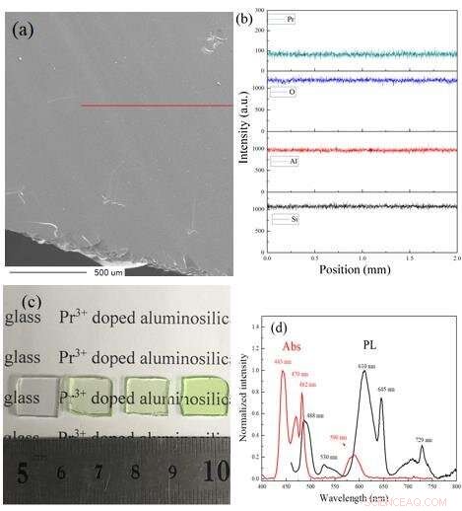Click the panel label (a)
tap(24, 29)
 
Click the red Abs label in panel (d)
tap(293, 348)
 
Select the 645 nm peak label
tap(385, 391)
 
